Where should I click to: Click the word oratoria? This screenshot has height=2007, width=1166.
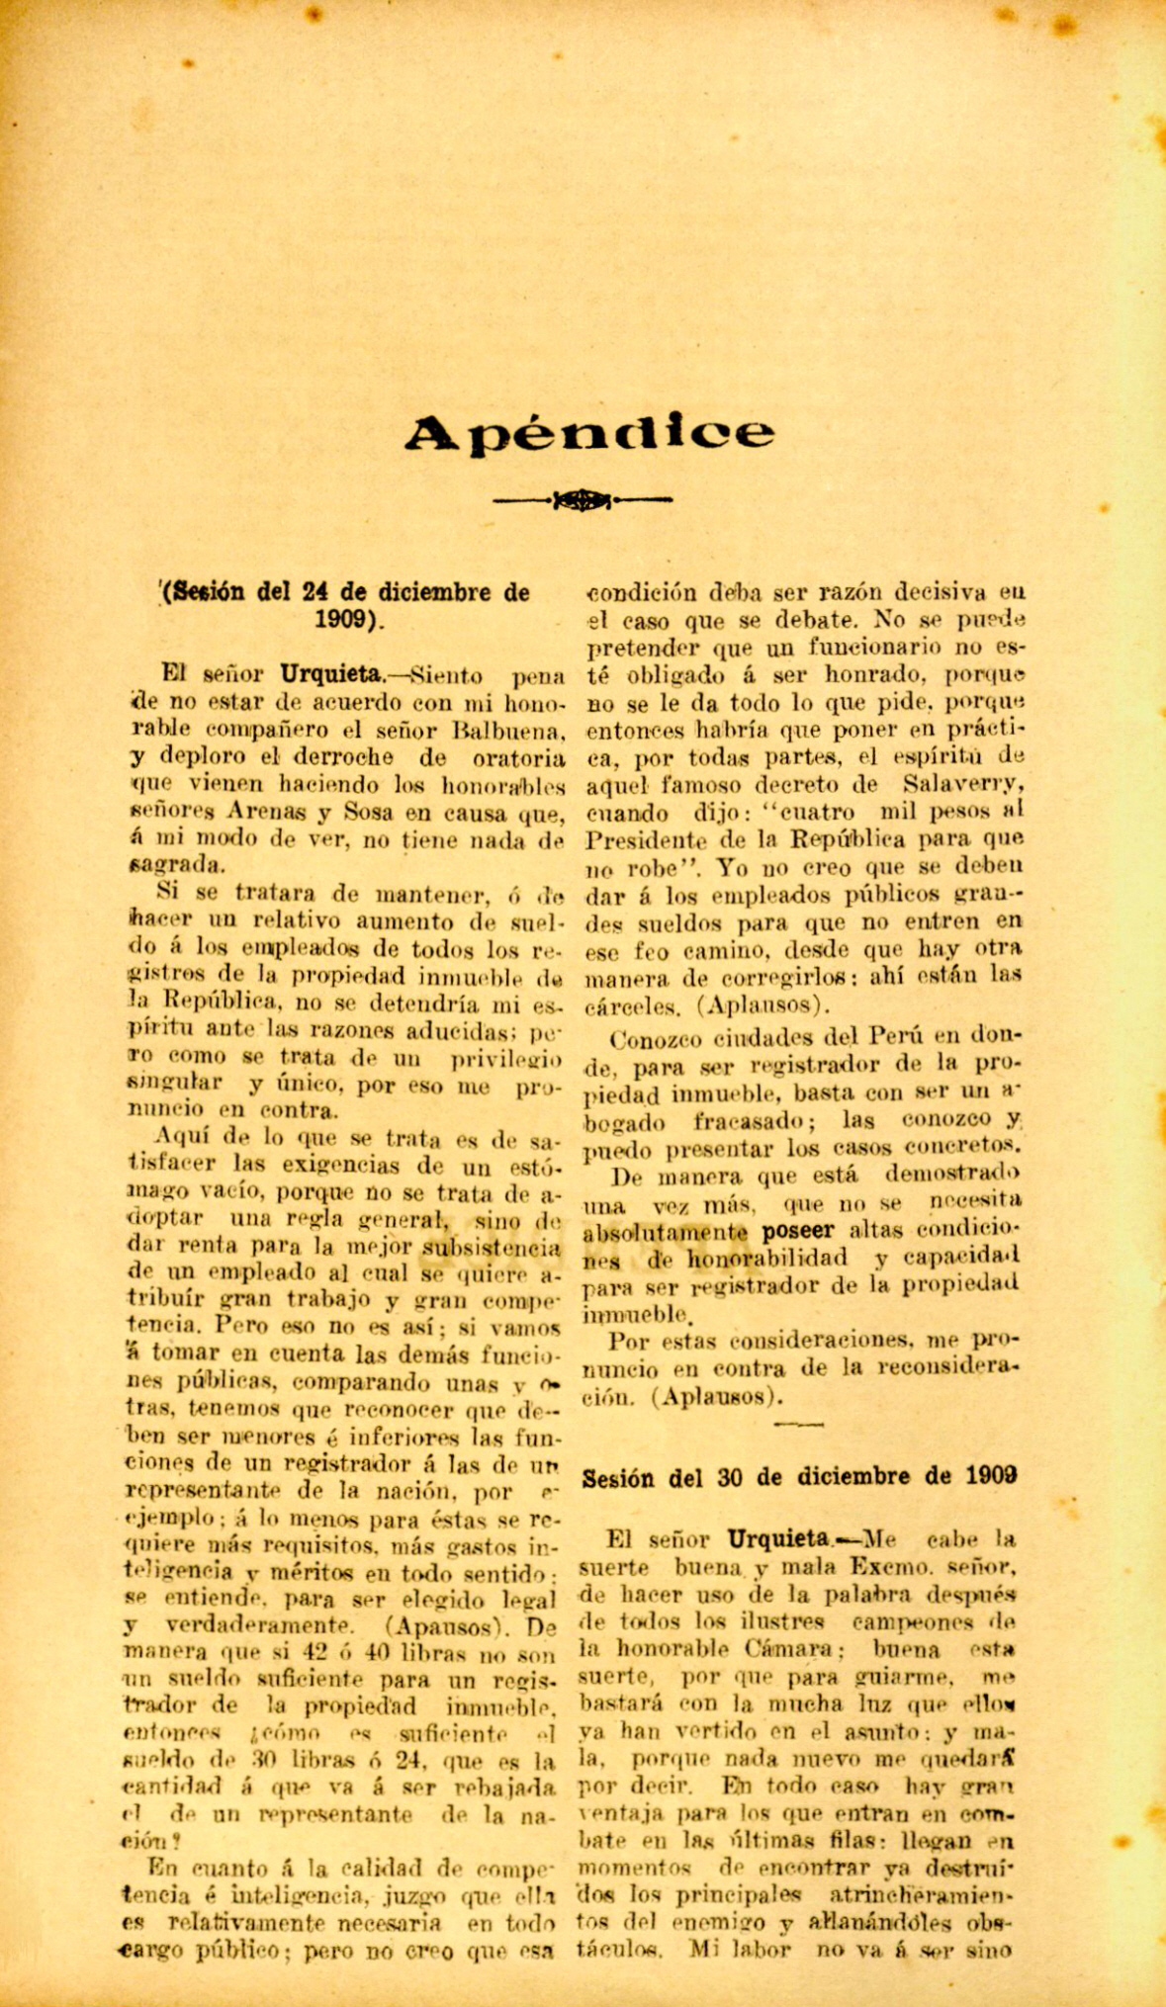512,760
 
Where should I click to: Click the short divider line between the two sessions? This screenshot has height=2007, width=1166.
799,1425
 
